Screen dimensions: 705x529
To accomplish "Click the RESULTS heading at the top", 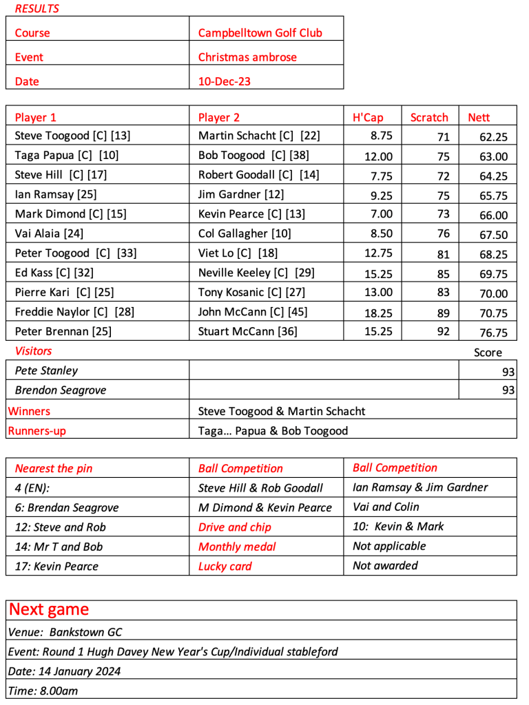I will [x=37, y=9].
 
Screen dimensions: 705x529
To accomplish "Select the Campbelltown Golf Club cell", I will [x=260, y=32].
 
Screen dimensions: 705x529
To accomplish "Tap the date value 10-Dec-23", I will [x=225, y=81].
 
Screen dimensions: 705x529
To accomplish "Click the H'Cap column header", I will [x=368, y=117].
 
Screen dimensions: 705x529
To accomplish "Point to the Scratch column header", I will [x=429, y=117].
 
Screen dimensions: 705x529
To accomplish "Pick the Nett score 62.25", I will [x=493, y=137].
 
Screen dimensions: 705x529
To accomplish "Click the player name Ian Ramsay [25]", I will [x=56, y=194].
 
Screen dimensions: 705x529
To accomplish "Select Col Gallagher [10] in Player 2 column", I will [x=245, y=233].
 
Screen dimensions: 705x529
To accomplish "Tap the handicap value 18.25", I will [x=378, y=312].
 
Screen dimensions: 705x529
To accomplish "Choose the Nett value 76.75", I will [x=493, y=333].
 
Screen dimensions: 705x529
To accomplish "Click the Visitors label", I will [x=33, y=351].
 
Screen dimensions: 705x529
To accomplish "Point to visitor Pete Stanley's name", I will [x=46, y=370].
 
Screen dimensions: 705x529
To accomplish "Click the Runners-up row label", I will [x=37, y=431].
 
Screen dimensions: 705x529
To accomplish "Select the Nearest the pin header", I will [x=54, y=468].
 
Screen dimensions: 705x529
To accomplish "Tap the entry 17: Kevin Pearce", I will [x=56, y=566].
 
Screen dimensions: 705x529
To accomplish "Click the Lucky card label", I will [x=225, y=566].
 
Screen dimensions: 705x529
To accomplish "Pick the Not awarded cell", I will [x=385, y=565].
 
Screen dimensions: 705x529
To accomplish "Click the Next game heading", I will [x=49, y=609].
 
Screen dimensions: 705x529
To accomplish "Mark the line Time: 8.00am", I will [x=43, y=691].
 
